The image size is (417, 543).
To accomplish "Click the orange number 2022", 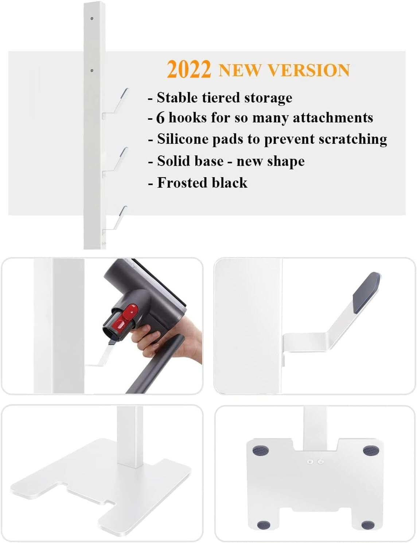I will pos(189,69).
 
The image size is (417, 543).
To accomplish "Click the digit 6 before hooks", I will pos(160,118).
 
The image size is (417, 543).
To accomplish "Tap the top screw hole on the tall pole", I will pos(92,18).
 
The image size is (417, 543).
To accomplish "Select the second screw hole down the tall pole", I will pos(92,70).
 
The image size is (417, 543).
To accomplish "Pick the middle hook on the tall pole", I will pos(117,162).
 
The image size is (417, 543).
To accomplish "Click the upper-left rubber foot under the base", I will pos(261,450).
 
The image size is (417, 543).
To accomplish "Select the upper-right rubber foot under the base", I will pos(371,451).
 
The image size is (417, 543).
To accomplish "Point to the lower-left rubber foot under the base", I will pos(264,525).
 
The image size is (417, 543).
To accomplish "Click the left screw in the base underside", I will pos(310,461).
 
